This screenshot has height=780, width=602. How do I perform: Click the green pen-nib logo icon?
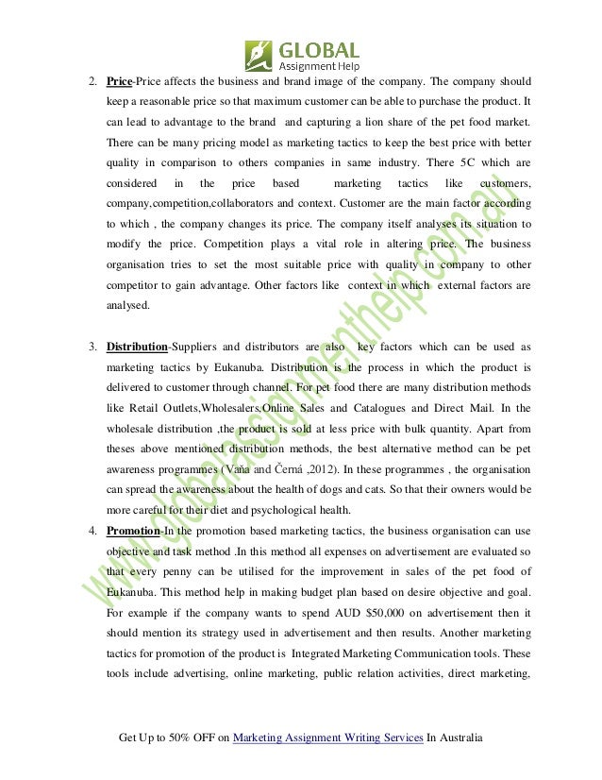tap(259, 55)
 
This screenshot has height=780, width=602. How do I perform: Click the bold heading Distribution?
tap(136, 348)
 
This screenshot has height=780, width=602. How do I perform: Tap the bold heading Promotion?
tap(132, 531)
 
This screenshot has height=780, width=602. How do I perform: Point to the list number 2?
tap(92, 80)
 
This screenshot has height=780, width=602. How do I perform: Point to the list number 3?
tap(92, 348)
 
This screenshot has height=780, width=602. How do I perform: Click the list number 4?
tap(92, 531)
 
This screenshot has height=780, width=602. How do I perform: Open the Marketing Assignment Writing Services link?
tap(327, 738)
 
